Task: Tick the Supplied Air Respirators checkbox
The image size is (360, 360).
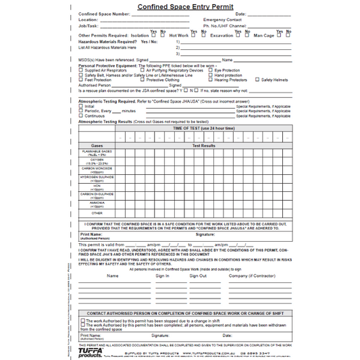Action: tap(81, 70)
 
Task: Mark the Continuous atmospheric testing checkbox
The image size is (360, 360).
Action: tap(81, 115)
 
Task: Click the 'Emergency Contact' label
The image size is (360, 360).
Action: tap(222, 20)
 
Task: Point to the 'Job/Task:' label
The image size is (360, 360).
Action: tap(88, 26)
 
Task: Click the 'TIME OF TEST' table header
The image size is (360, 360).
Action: tap(203, 128)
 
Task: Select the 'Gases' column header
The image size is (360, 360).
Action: tap(97, 145)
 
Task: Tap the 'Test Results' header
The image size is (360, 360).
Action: tap(203, 145)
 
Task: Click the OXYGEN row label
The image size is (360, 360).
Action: tap(97, 161)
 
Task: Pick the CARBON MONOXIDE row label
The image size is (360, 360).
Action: tap(97, 170)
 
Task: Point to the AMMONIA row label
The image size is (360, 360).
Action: tap(97, 204)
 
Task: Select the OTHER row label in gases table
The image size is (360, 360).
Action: tap(97, 213)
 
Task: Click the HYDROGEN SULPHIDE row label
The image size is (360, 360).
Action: tap(97, 179)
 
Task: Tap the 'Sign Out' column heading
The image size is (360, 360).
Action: tap(198, 276)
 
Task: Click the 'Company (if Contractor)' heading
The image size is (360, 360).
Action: tap(251, 276)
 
